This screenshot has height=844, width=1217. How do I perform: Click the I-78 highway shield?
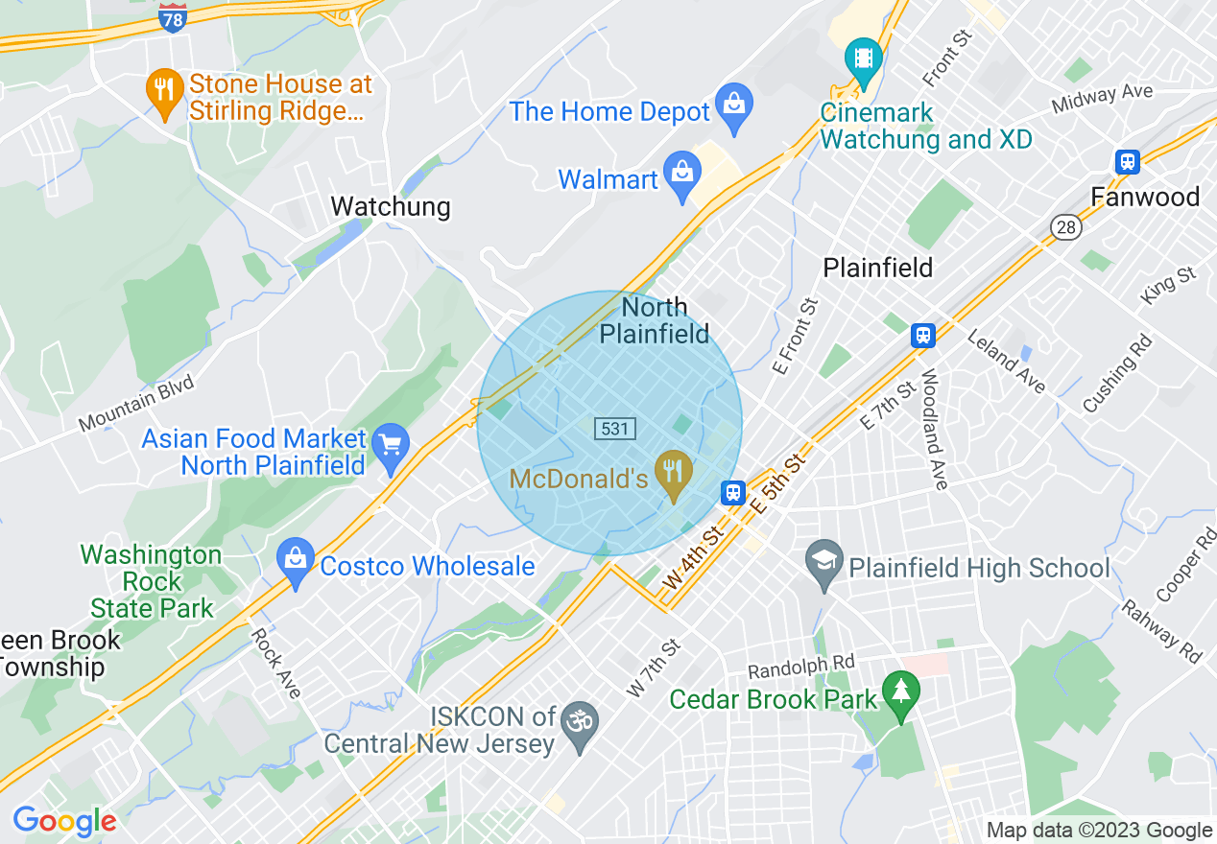pyautogui.click(x=173, y=19)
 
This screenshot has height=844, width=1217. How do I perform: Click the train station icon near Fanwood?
pyautogui.click(x=1128, y=161)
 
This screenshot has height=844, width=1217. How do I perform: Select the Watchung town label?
pyautogui.click(x=390, y=206)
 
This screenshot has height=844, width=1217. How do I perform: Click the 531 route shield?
pyautogui.click(x=614, y=428)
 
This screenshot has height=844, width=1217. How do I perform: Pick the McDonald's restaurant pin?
pyautogui.click(x=675, y=473)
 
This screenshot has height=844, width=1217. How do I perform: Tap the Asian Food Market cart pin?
pyautogui.click(x=391, y=446)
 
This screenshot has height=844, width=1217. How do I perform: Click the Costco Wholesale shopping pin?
pyautogui.click(x=295, y=560)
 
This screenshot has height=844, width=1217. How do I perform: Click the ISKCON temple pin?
pyautogui.click(x=579, y=719)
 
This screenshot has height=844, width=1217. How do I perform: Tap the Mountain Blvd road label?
pyautogui.click(x=136, y=404)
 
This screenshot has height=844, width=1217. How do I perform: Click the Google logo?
pyautogui.click(x=64, y=821)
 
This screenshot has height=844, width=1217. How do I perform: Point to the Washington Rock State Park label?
pyautogui.click(x=152, y=581)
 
